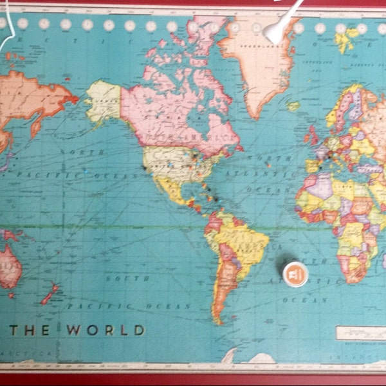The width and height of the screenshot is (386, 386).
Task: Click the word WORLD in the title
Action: pyautogui.click(x=106, y=331)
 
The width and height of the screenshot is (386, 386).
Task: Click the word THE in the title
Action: pyautogui.click(x=32, y=331)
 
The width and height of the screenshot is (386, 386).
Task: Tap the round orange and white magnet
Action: pyautogui.click(x=296, y=273)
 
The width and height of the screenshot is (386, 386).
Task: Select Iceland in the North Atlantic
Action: pyautogui.click(x=293, y=106)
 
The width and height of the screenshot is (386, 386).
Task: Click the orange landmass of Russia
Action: pyautogui.click(x=32, y=96)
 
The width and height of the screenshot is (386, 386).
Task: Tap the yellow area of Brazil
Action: pyautogui.click(x=241, y=241)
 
